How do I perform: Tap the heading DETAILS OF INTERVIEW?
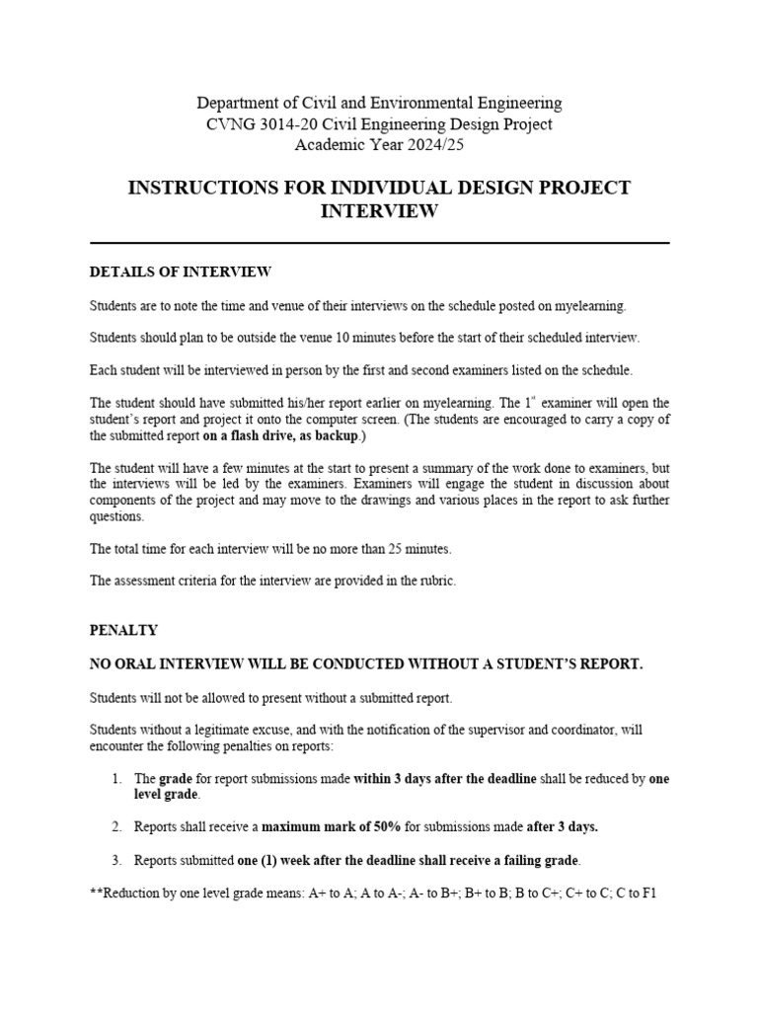pyautogui.click(x=181, y=272)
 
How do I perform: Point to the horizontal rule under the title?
pyautogui.click(x=379, y=242)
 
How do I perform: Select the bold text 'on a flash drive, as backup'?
pyautogui.click(x=279, y=435)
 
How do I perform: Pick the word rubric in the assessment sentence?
pyautogui.click(x=438, y=582)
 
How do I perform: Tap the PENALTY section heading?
pyautogui.click(x=123, y=630)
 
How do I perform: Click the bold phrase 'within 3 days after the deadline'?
pyautogui.click(x=445, y=779)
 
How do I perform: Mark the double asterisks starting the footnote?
pyautogui.click(x=95, y=894)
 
